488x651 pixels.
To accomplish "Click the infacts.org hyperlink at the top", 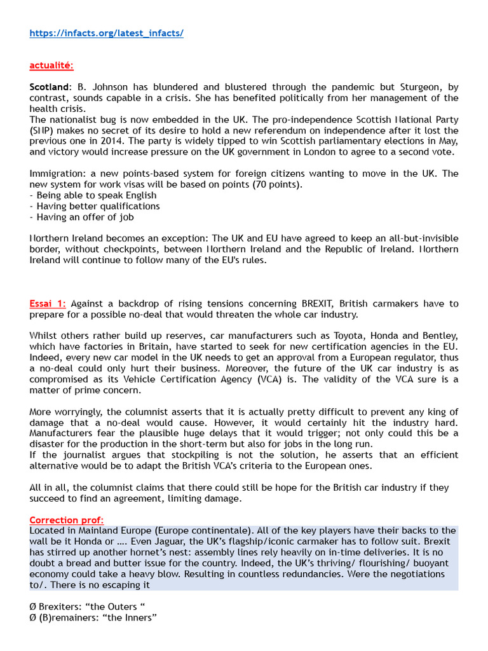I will pyautogui.click(x=106, y=33).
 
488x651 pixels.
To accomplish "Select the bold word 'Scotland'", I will pyautogui.click(x=48, y=87).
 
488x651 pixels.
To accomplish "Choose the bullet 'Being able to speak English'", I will pyautogui.click(x=96, y=195).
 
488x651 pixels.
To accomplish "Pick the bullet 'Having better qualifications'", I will pyautogui.click(x=98, y=206).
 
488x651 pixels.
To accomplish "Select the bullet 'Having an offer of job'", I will pyautogui.click(x=85, y=217).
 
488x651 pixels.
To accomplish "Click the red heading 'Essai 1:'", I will pyautogui.click(x=48, y=303).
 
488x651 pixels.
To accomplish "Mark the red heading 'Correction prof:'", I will pyautogui.click(x=66, y=519).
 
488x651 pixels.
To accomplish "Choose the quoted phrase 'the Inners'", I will pyautogui.click(x=132, y=617).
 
